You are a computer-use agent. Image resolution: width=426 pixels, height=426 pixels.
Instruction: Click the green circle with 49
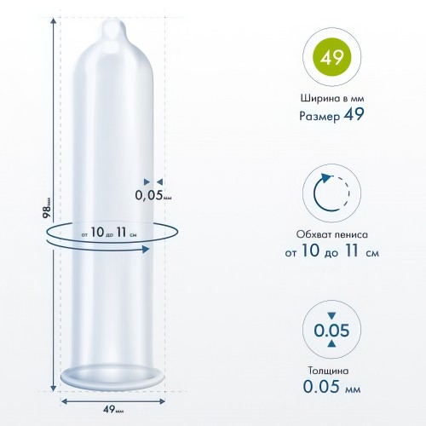[331, 57]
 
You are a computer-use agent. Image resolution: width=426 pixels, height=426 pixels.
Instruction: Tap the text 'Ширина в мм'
[332, 99]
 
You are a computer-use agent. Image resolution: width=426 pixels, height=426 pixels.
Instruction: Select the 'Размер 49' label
[331, 115]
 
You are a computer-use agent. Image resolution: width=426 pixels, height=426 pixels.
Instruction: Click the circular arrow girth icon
[331, 193]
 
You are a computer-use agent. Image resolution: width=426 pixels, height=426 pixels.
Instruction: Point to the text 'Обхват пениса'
[331, 234]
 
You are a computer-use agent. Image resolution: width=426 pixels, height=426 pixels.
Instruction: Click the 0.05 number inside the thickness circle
[331, 330]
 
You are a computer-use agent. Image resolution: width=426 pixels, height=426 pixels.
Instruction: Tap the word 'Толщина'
[328, 371]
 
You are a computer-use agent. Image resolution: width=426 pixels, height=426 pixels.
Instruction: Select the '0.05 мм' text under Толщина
[331, 386]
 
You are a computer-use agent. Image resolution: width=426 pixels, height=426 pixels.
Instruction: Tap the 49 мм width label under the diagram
[113, 409]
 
